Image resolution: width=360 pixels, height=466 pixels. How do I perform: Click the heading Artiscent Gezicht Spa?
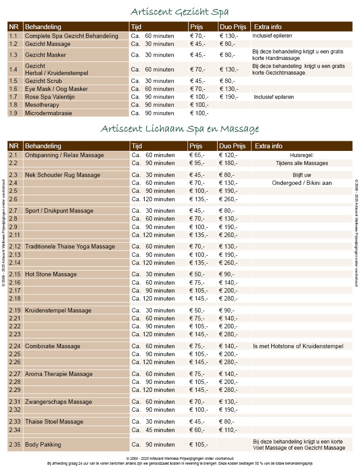180,11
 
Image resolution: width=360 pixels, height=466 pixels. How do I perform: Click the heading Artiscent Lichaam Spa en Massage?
180,129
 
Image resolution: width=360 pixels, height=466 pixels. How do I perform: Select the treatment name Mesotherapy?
42,105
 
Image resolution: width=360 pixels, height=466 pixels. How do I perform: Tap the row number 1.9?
13,113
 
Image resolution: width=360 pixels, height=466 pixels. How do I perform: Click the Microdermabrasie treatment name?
49,113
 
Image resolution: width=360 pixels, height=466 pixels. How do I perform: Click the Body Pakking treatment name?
43,444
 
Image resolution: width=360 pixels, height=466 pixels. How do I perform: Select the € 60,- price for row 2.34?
197,430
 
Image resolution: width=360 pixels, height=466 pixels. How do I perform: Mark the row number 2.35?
15,444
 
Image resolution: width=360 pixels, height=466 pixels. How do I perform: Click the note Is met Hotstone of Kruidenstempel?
298,346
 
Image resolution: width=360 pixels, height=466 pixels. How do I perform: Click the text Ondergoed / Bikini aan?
302,183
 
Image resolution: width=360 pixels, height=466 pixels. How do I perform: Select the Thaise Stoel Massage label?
54,421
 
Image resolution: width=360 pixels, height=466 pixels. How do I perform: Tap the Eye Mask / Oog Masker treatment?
56,89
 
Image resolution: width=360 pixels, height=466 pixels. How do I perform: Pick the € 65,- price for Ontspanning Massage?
197,155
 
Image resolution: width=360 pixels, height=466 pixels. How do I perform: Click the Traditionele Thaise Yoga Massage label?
70,246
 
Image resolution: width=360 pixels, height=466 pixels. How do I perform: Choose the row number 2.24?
15,346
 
